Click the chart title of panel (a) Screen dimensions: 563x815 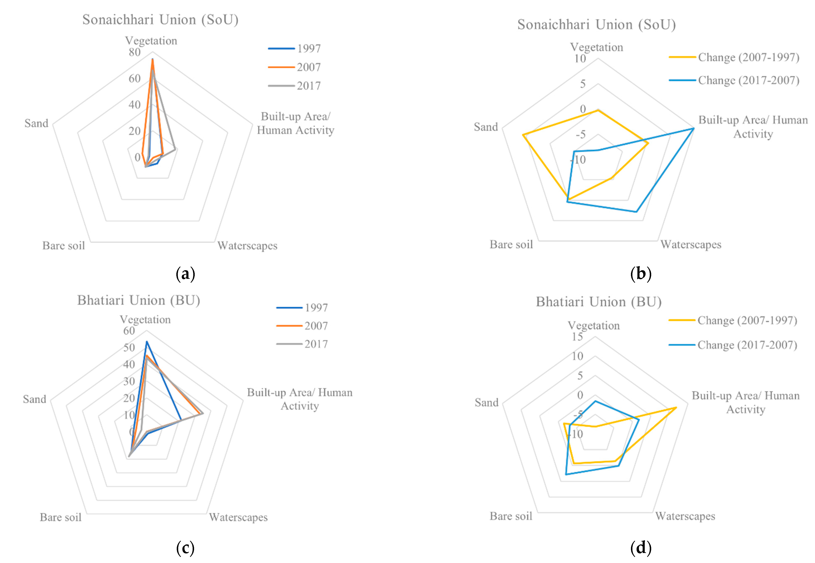(x=160, y=20)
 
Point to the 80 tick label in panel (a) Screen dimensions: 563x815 (x=135, y=52)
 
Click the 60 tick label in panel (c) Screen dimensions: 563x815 (x=129, y=331)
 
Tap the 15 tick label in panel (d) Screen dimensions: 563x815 (x=577, y=337)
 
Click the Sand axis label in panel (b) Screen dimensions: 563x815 (x=486, y=127)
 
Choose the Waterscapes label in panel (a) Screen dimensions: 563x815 (x=247, y=246)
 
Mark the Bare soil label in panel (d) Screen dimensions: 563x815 (x=511, y=516)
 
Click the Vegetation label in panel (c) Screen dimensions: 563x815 (x=145, y=320)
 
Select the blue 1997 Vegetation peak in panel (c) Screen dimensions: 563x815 (x=146, y=341)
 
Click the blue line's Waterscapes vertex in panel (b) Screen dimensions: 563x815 (x=636, y=212)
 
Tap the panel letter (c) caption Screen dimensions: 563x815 (x=185, y=548)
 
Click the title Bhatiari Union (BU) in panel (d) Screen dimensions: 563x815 (x=599, y=302)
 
